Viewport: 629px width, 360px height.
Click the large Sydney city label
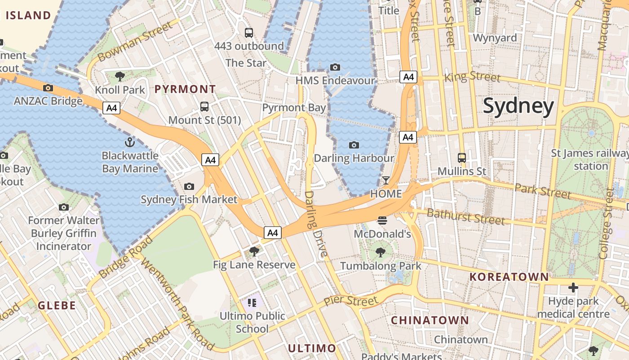point(518,106)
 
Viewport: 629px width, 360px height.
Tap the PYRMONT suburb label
point(185,89)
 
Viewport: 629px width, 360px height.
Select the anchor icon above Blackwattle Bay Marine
point(129,143)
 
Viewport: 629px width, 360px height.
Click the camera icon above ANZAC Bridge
point(48,88)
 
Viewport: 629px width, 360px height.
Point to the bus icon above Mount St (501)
point(204,107)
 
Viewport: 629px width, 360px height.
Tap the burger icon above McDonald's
point(382,220)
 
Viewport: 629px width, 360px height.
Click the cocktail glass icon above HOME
point(385,180)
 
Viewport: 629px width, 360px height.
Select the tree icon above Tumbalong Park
point(381,252)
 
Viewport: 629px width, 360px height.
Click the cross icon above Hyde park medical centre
point(573,287)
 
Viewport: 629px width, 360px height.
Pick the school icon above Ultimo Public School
point(252,302)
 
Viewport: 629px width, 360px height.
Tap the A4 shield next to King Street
point(408,77)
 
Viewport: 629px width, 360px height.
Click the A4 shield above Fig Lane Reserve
point(273,233)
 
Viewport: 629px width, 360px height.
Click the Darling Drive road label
point(316,224)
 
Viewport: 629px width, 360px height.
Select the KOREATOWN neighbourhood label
point(509,277)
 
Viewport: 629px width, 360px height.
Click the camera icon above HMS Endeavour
point(335,67)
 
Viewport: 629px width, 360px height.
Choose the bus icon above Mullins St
point(461,158)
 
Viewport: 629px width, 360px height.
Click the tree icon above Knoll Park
point(120,76)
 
